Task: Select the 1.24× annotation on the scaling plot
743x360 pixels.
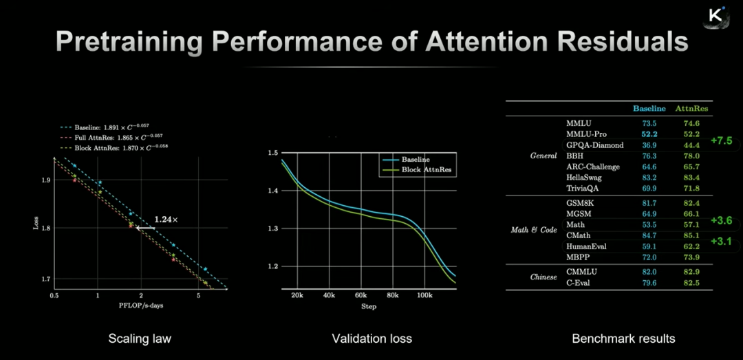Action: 166,219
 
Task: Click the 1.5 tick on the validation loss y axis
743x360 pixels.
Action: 272,152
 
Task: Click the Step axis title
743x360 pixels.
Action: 369,306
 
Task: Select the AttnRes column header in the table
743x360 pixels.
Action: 692,108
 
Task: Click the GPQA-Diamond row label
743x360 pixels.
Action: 594,145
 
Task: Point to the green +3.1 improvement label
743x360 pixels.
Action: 721,242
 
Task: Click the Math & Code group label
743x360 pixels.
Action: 534,230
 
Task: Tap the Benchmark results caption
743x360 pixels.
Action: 623,338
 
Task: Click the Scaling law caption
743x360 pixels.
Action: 140,338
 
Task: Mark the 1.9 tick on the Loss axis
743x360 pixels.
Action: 45,180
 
